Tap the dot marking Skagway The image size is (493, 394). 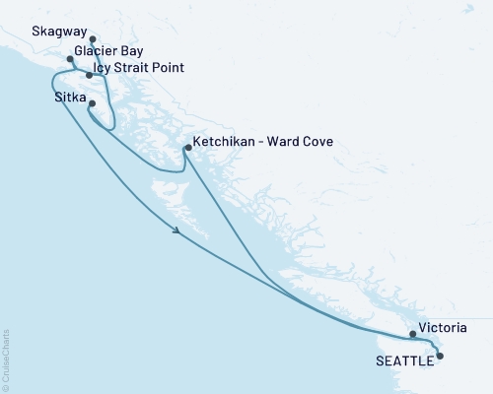click(93, 40)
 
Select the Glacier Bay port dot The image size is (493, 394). click(70, 59)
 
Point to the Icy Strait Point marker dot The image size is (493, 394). click(90, 75)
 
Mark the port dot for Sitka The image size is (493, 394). click(92, 104)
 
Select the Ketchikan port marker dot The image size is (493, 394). click(187, 149)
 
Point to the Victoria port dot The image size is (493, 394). click(413, 334)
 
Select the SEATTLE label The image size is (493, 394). click(404, 361)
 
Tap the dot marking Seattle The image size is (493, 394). click(440, 356)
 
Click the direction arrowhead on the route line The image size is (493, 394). click(176, 231)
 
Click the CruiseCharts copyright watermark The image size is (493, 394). click(6, 359)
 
